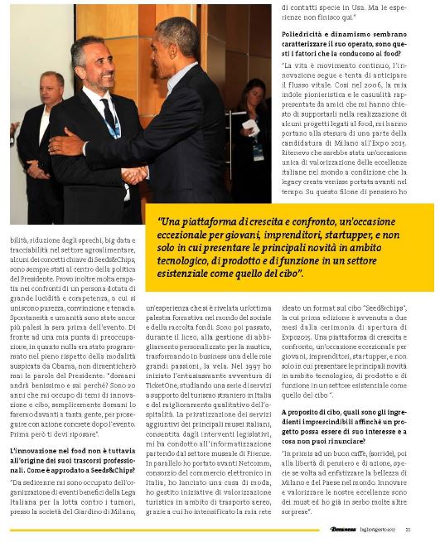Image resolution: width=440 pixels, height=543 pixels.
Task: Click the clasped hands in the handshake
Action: (135, 175)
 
